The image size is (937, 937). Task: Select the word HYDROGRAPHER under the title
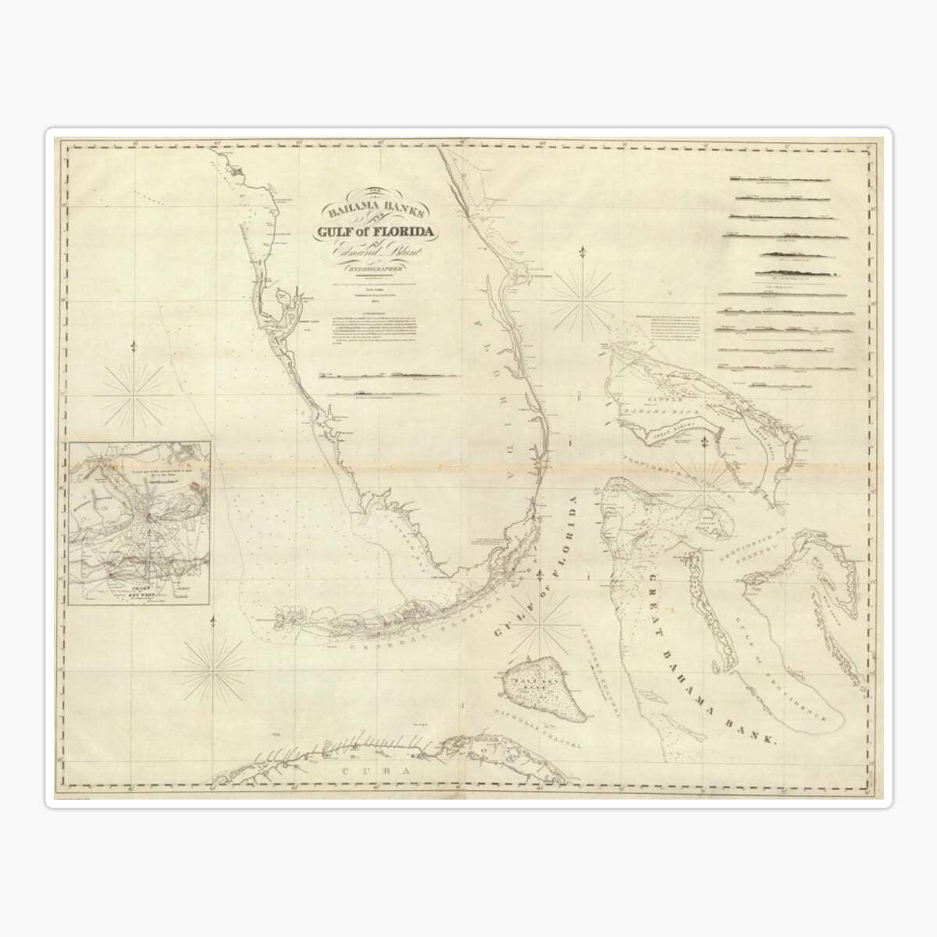click(x=373, y=270)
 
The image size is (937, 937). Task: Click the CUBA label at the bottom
click(x=364, y=771)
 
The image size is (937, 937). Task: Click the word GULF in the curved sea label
click(x=511, y=602)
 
